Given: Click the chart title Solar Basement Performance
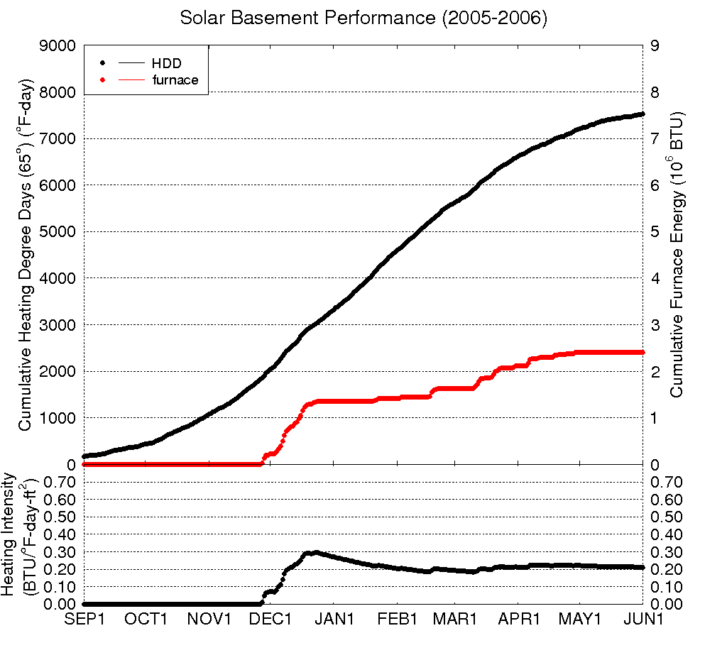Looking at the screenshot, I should click(363, 18).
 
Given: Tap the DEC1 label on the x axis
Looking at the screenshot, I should click(272, 619).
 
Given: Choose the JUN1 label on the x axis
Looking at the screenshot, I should click(643, 619).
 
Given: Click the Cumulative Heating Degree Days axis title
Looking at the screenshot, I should click(26, 255).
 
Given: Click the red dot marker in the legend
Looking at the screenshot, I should click(103, 80).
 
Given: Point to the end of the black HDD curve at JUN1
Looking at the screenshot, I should click(642, 114).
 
